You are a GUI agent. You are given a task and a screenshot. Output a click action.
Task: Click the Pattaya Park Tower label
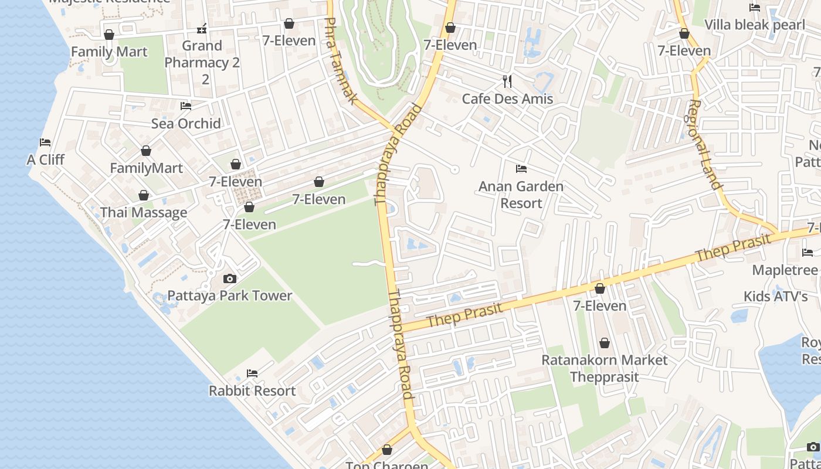(x=229, y=295)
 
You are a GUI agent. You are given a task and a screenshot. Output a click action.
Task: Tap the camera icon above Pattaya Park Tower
(x=230, y=278)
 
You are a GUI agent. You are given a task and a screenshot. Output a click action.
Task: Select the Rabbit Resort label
(x=252, y=390)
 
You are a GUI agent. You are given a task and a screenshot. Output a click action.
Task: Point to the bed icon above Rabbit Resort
(x=252, y=373)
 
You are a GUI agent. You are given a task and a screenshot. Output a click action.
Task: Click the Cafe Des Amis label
(x=507, y=98)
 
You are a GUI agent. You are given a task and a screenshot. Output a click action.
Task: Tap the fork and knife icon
(x=507, y=81)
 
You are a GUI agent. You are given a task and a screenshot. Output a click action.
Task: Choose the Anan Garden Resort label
(x=521, y=195)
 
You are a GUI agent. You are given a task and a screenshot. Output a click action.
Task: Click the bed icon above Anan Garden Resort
(x=521, y=169)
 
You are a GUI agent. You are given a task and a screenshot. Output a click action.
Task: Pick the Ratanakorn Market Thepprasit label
(x=604, y=368)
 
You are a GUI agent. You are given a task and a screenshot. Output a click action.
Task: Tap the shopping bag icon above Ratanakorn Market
(x=605, y=342)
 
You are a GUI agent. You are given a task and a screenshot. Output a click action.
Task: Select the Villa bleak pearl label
(x=755, y=25)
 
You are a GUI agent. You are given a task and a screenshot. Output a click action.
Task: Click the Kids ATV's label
(x=775, y=296)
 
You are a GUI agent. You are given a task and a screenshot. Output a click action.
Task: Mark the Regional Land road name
(x=704, y=144)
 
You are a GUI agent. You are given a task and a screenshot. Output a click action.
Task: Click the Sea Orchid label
(x=186, y=123)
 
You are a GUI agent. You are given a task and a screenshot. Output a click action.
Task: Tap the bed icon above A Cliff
(x=45, y=142)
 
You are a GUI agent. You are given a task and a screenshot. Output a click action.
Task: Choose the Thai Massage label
(x=144, y=212)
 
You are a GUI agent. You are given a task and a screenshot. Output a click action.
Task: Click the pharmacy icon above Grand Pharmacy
(x=202, y=28)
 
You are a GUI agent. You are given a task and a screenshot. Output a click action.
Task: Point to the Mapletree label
(x=785, y=270)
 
